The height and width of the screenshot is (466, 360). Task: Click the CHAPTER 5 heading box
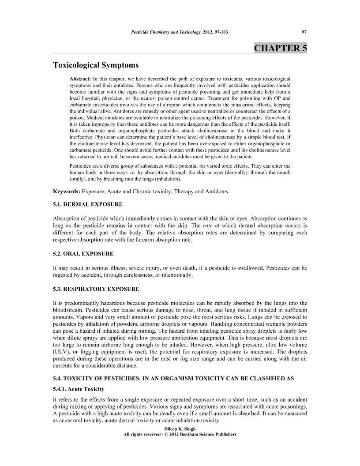pyautogui.click(x=281, y=48)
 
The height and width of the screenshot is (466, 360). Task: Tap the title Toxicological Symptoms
pyautogui.click(x=96, y=65)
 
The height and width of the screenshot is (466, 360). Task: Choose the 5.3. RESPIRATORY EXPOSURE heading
pyautogui.click(x=96, y=289)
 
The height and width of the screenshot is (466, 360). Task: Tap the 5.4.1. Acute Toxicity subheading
pyautogui.click(x=79, y=389)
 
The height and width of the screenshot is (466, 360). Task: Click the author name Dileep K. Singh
pyautogui.click(x=180, y=428)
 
